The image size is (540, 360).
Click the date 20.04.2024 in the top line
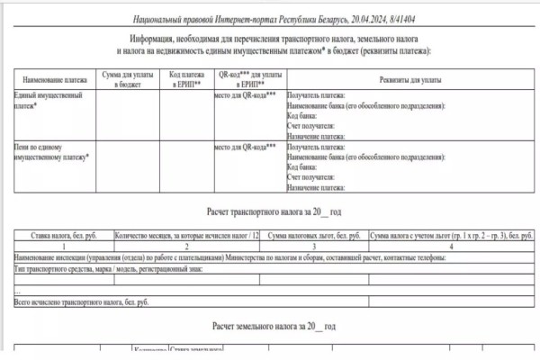pyautogui.click(x=351, y=17)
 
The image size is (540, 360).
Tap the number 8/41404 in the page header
pyautogui.click(x=391, y=17)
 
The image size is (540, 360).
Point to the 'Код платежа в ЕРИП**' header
pyautogui.click(x=186, y=79)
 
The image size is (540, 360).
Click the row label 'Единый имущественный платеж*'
pyautogui.click(x=49, y=99)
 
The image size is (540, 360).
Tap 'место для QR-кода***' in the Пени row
pyautogui.click(x=245, y=146)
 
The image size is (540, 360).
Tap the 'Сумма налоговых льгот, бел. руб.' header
pyautogui.click(x=312, y=236)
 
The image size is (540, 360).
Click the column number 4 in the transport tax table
pyautogui.click(x=449, y=246)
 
